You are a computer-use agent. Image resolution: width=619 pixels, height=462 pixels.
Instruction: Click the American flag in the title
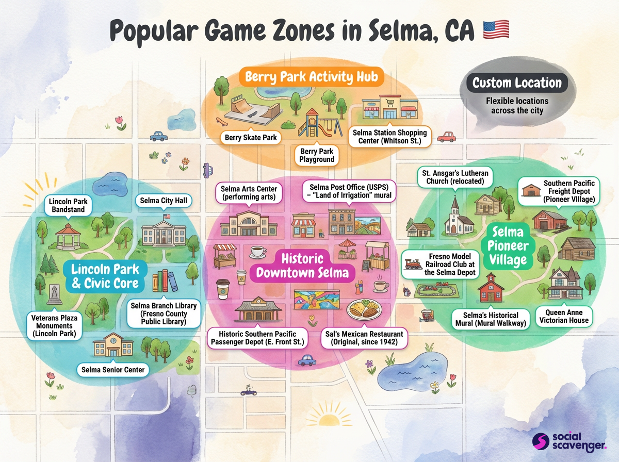point(495,29)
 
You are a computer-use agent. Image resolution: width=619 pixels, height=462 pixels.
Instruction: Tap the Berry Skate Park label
point(251,138)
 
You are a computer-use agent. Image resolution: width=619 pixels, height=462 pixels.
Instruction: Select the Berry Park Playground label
point(317,155)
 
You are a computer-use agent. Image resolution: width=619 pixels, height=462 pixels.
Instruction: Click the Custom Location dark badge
point(517,83)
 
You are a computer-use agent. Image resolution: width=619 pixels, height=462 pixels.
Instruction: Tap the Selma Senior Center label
point(112,370)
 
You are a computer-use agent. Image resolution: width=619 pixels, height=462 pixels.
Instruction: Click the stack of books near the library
point(164,282)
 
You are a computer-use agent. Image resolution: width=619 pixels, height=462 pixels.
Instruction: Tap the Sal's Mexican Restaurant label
point(360,338)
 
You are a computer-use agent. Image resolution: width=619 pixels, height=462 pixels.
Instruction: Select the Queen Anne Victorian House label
point(564,316)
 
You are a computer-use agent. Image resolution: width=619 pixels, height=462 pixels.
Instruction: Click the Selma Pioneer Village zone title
point(508,246)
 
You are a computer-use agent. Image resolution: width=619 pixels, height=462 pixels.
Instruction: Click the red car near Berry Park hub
point(446,137)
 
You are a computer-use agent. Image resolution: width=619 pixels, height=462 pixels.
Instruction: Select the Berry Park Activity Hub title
point(312,77)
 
